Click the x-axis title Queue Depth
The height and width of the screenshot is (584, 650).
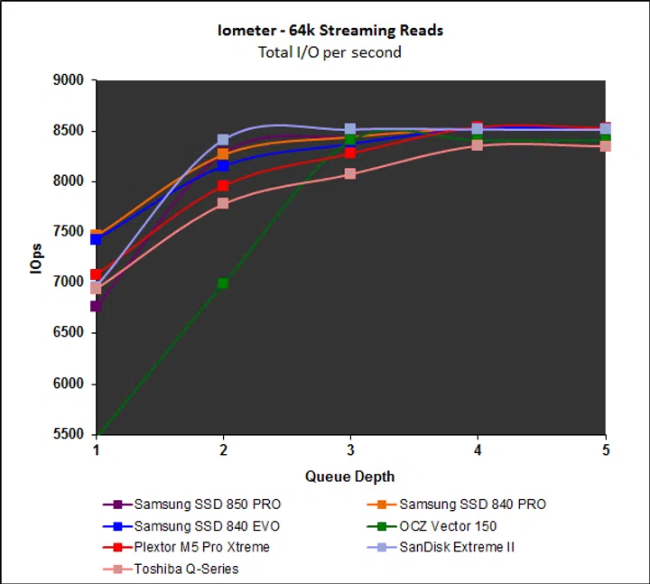click(349, 476)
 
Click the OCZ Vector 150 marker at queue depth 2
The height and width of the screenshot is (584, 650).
click(223, 283)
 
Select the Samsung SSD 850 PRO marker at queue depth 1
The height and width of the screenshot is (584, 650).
click(96, 307)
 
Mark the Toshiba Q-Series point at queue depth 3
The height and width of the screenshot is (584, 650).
click(350, 173)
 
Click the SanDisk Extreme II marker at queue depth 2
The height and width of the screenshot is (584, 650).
click(223, 140)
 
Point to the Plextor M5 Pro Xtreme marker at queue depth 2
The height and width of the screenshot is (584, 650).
click(223, 186)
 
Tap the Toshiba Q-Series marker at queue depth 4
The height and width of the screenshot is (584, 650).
click(478, 144)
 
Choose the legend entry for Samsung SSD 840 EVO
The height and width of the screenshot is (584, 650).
click(193, 525)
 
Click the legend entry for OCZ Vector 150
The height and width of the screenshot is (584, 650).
click(447, 525)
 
